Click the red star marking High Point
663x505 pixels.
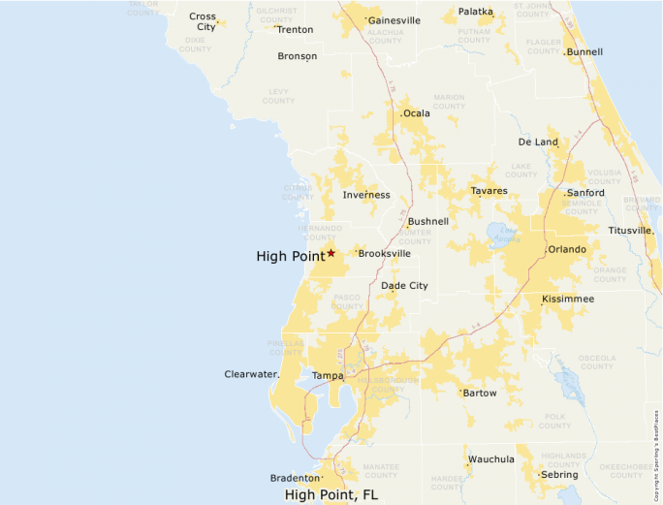pos(331,253)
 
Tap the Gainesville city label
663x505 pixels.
pos(395,19)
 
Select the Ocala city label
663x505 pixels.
pos(417,113)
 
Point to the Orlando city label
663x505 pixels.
pos(567,249)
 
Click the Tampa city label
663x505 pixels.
pos(327,375)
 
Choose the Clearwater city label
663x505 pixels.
pos(251,373)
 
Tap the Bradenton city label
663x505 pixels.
pos(295,478)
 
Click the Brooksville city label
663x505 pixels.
pos(385,253)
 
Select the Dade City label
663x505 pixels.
pos(404,286)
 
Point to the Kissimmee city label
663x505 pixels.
pos(568,299)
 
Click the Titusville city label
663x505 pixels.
pos(630,231)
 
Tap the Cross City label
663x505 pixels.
pos(204,21)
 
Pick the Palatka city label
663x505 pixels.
pos(475,12)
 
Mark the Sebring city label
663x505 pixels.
pos(559,475)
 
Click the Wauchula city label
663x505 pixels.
pos(491,458)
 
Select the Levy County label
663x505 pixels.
pos(278,96)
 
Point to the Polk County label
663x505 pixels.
pos(554,421)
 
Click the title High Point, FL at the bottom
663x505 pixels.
pos(331,494)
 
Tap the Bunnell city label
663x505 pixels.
pos(584,51)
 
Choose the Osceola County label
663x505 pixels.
pos(597,362)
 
